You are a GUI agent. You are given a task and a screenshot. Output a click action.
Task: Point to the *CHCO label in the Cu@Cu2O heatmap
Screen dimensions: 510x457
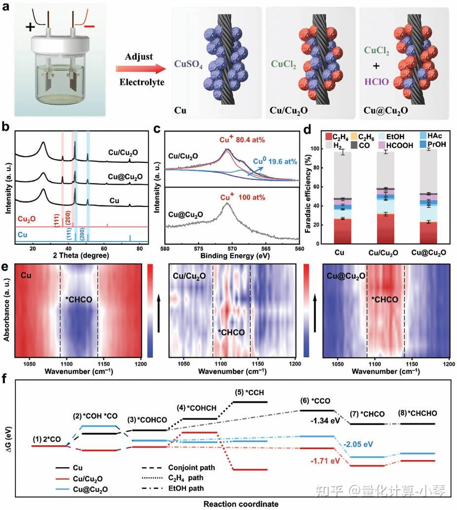[x=384, y=299]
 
